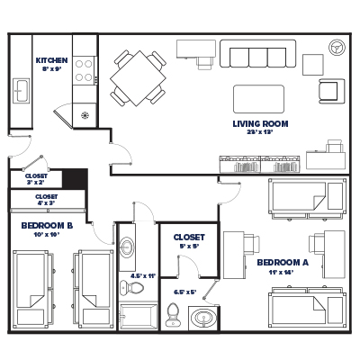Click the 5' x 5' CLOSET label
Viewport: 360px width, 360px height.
188,238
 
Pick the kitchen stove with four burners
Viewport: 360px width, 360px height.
84,70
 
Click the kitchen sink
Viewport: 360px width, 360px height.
20,89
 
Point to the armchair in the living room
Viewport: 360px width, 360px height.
331,90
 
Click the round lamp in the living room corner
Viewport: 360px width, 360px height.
337,47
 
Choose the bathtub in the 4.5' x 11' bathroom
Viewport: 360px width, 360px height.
139,318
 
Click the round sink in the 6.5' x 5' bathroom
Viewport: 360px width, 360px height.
204,318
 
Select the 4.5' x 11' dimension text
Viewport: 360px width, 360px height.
143,276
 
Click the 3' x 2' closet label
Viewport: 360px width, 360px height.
37,178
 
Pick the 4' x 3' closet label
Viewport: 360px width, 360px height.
46,199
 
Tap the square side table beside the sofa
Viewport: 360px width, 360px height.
311,65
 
